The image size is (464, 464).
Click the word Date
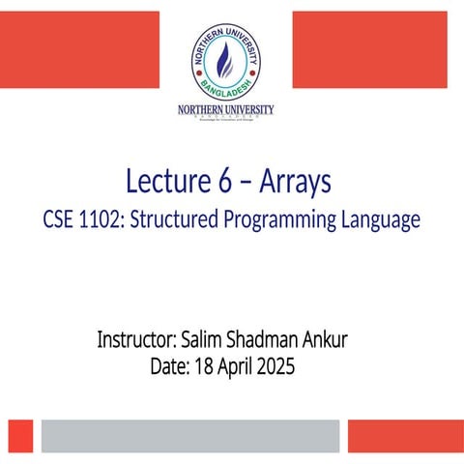click(x=170, y=367)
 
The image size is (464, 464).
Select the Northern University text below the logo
click(x=225, y=110)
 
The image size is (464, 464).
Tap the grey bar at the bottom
click(x=189, y=435)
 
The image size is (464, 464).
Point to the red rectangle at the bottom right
click(x=405, y=435)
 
